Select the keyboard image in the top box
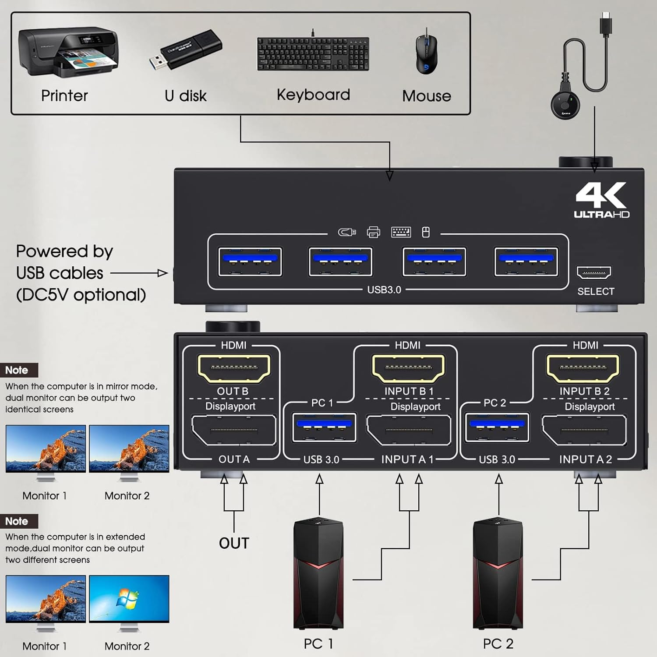pos(313,54)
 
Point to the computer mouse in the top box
pos(426,52)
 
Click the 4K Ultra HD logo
pos(601,200)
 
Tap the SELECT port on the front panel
pos(593,272)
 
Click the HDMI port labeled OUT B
pos(234,368)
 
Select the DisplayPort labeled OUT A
pos(234,430)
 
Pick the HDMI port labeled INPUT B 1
pos(408,368)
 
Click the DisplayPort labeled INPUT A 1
pos(409,431)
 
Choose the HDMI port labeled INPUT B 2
pos(583,368)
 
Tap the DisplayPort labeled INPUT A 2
pos(584,431)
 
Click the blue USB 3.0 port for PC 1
pos(324,427)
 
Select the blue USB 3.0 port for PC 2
pos(497,427)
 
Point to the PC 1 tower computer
pos(318,574)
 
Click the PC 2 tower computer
pos(498,574)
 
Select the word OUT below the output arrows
pos(234,543)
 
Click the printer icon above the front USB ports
pos(373,232)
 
